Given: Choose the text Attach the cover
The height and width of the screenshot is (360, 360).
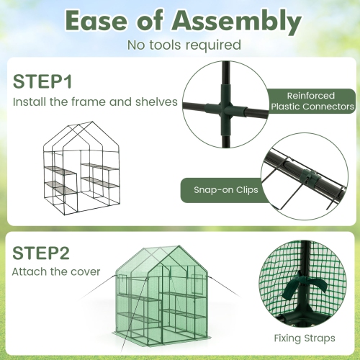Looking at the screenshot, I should (x=56, y=273).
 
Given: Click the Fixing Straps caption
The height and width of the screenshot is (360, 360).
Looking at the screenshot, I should (x=304, y=337).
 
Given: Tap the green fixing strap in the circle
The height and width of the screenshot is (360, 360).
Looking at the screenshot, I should (x=300, y=291).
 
